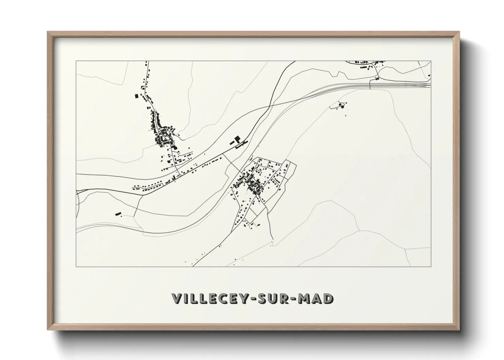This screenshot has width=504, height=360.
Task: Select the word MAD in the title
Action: point(316,299)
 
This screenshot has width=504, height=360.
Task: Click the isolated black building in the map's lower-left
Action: point(118,214)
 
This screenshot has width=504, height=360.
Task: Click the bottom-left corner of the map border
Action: point(76,266)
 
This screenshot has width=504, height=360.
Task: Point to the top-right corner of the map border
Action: point(431,61)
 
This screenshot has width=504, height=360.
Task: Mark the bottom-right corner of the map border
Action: point(431,266)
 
